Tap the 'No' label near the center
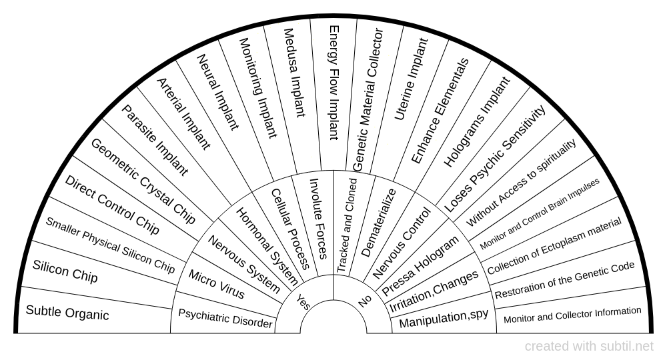(364, 301)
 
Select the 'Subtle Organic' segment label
(67, 312)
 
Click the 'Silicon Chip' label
(65, 271)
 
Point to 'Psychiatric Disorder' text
(225, 318)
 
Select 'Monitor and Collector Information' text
(572, 315)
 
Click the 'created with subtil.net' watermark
(589, 347)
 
